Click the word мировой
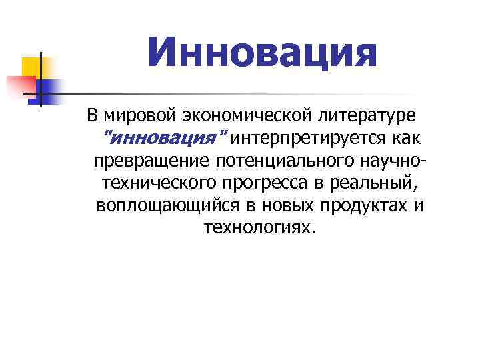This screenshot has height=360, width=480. [x=140, y=117]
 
